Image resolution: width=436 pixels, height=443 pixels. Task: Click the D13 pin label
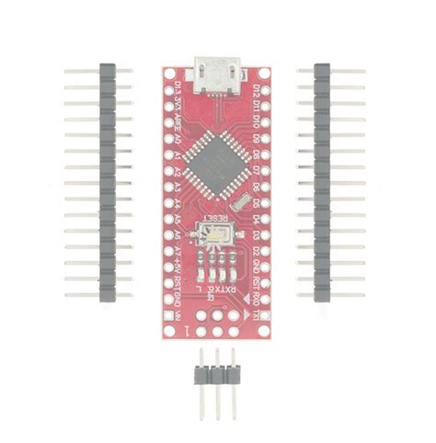[x=177, y=89]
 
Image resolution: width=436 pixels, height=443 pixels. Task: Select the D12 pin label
[x=256, y=89]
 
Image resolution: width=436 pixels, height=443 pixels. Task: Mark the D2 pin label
[x=256, y=251]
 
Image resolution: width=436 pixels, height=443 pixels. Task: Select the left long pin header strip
[x=107, y=183]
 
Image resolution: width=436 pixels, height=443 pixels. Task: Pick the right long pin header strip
[x=322, y=183]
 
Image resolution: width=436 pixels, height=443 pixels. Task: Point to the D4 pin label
[x=256, y=219]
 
